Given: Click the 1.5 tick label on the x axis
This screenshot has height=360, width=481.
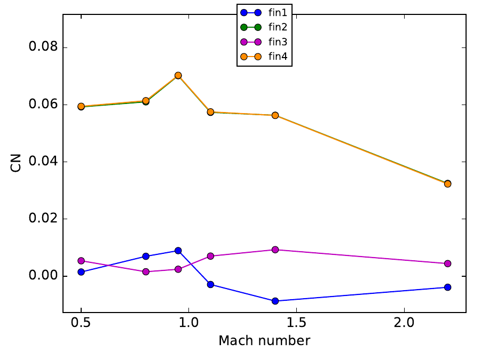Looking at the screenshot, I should pos(296,324).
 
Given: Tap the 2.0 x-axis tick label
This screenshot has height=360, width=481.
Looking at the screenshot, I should pos(404,324).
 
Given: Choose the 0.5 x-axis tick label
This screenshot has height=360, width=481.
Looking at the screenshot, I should pos(81,324).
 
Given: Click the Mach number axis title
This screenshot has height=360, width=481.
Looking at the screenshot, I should pos(264,341).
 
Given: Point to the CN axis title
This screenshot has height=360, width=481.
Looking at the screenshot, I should pos(16,162).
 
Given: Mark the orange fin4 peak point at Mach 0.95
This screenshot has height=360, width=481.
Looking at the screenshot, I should pos(178,76).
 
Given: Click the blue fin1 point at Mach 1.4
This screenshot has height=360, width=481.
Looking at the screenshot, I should pos(275,301).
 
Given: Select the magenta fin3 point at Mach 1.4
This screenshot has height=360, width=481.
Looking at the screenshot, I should pos(275,250).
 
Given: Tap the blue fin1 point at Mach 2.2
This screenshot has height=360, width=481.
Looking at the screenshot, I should pos(447,287).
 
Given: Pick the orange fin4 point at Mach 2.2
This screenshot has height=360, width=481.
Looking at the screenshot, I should pos(447,183).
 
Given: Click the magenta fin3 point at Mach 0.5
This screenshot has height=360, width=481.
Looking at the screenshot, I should pos(81,261).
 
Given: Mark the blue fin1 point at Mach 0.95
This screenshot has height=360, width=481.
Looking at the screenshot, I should pos(178,251).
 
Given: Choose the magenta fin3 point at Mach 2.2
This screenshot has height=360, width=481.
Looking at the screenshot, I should pos(447,263).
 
